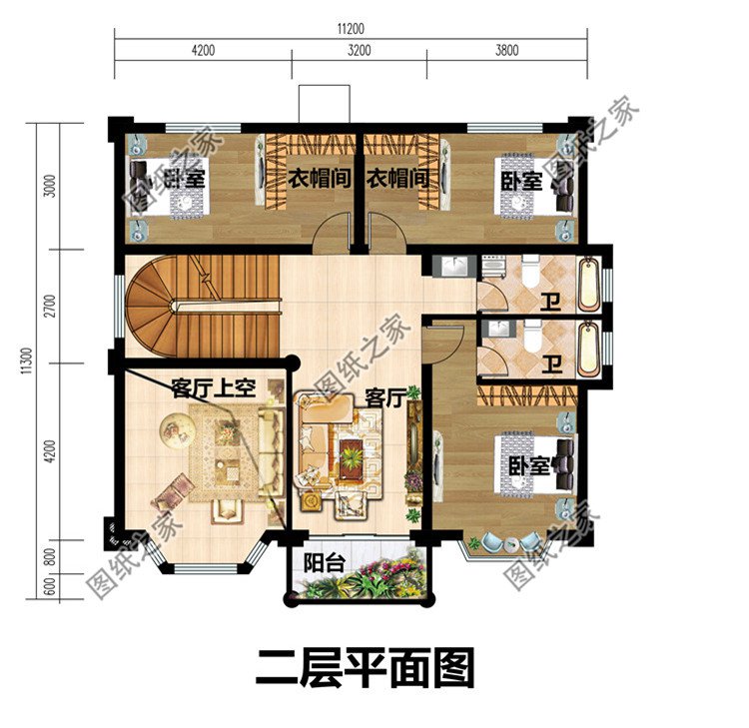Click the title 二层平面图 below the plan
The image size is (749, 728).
(365, 668)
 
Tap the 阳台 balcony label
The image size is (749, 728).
(324, 563)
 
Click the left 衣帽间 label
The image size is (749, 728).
(319, 179)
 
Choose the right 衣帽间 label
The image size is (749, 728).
(397, 179)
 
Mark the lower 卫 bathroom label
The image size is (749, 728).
(549, 365)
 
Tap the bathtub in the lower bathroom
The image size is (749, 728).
(589, 345)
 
